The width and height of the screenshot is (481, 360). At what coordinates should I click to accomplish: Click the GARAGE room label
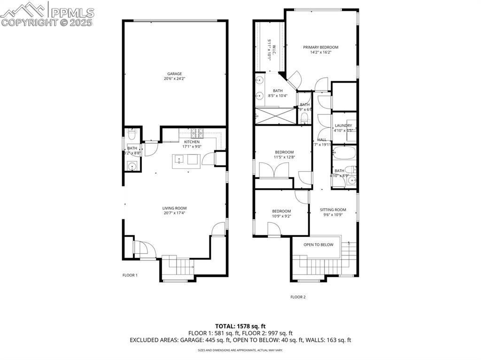coord(175,74)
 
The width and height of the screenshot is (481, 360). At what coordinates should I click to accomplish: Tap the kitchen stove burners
coord(197,132)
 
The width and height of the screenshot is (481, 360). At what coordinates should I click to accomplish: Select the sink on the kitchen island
coord(179,160)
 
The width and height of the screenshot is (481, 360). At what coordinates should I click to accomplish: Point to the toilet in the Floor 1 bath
coord(132,135)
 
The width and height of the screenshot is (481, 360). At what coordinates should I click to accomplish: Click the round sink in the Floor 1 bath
coord(132,166)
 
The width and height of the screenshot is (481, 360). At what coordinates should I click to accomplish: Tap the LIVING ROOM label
coord(175,208)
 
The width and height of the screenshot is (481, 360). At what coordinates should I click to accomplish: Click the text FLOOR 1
coord(129,276)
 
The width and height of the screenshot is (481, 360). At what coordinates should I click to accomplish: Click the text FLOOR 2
coord(298,297)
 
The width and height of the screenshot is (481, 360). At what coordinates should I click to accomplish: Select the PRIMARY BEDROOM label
coord(320,47)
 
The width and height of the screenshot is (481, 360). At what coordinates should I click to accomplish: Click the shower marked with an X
coord(275,116)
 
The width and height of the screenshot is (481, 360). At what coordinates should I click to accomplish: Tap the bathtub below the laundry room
coord(344,153)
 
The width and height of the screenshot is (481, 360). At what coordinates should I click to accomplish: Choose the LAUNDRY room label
coord(343,126)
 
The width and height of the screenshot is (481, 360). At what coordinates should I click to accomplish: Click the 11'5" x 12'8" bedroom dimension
coord(284,158)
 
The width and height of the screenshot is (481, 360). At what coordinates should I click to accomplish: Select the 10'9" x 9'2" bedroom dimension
coord(281,216)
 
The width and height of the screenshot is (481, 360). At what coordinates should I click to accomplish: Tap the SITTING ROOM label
coord(333,210)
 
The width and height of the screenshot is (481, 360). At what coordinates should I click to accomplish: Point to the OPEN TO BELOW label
coord(318,245)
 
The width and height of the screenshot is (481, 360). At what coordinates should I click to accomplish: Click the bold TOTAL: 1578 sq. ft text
coord(240,326)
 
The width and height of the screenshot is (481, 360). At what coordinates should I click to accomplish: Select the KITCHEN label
coord(192,142)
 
